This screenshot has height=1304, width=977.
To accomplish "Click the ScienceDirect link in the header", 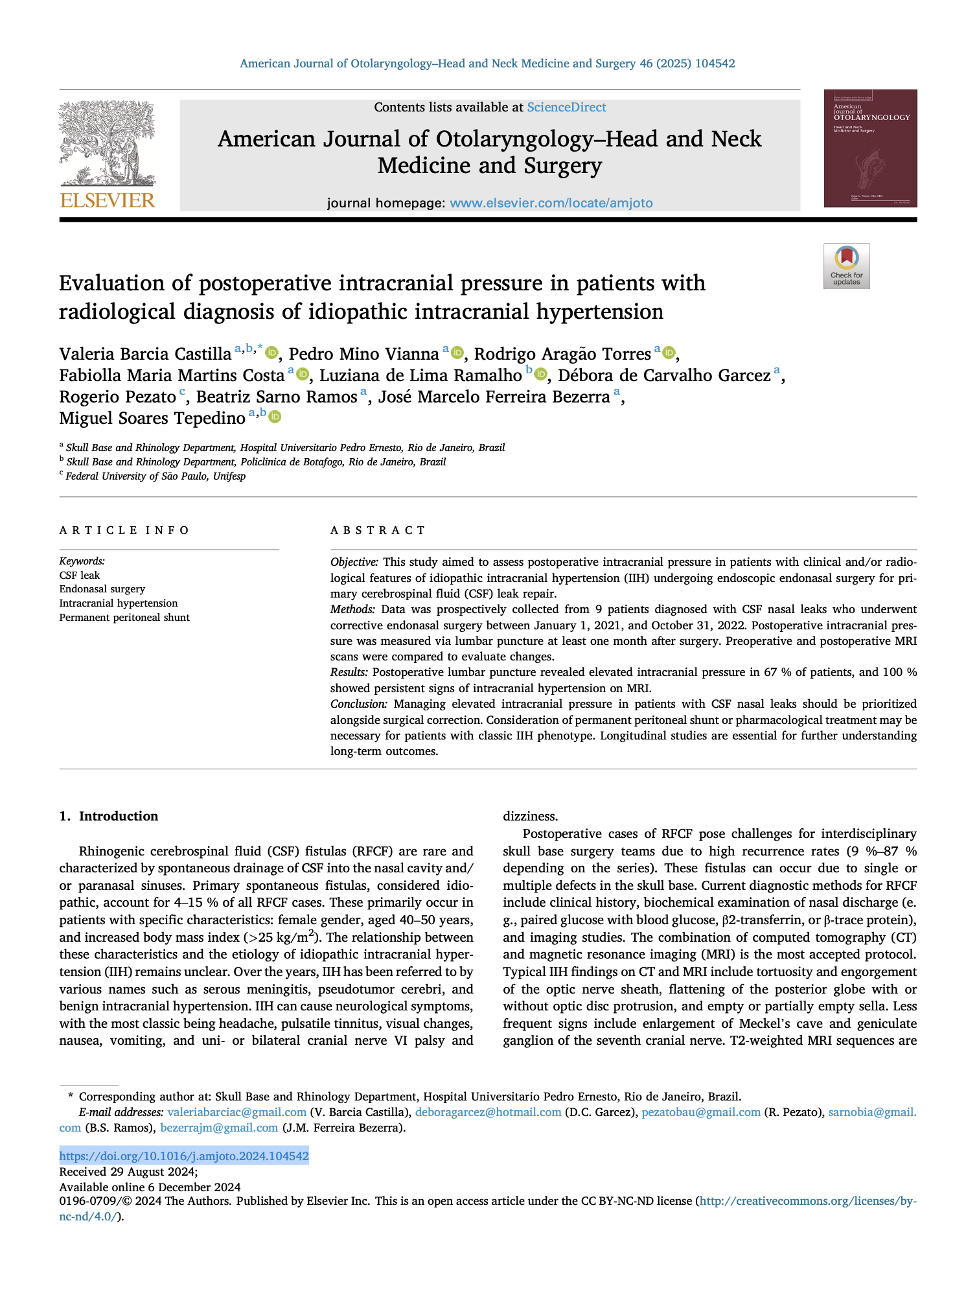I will [x=566, y=108].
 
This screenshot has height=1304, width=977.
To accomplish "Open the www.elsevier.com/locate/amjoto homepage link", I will [x=551, y=204].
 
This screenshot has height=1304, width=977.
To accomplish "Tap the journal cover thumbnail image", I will [x=869, y=148].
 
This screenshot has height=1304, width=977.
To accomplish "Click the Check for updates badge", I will [x=846, y=266].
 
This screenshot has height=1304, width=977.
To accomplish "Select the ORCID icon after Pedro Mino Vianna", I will [x=457, y=353].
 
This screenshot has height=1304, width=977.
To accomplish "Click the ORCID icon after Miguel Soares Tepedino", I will [x=275, y=417].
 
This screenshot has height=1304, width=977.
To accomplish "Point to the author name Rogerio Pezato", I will [x=117, y=397].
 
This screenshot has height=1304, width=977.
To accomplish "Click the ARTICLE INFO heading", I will [x=124, y=531].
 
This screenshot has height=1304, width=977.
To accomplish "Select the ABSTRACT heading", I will [x=378, y=531].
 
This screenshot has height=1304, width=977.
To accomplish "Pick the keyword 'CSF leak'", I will [x=80, y=576].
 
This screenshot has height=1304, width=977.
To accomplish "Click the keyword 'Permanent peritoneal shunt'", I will [x=124, y=618].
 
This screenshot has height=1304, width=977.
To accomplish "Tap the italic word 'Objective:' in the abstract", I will [x=354, y=562].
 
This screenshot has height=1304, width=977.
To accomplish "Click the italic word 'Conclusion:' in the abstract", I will [x=359, y=704].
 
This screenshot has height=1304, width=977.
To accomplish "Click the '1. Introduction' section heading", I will [x=109, y=817].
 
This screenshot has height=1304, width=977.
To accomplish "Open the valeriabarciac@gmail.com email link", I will [x=236, y=1113].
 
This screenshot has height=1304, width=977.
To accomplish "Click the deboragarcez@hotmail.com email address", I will [x=488, y=1113].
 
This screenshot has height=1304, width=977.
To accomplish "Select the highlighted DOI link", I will [x=184, y=1156].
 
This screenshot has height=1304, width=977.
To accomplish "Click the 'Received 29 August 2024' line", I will [x=128, y=1172].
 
